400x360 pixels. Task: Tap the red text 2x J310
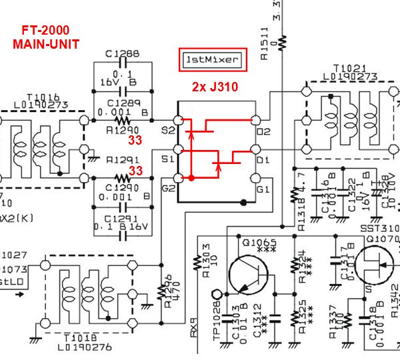point(215,87)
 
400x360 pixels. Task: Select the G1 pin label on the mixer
point(263,189)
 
